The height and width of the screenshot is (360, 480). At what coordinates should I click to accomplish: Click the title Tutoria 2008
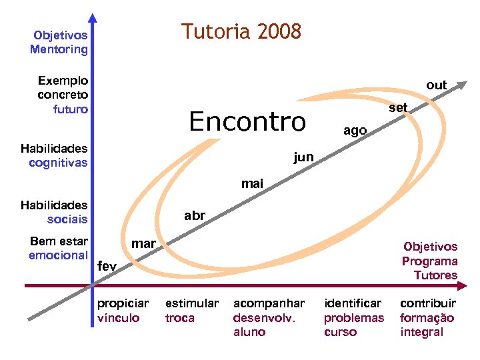pyautogui.click(x=241, y=31)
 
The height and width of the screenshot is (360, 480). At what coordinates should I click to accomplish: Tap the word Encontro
pyautogui.click(x=247, y=121)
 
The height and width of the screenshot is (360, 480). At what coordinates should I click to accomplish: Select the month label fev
pyautogui.click(x=107, y=266)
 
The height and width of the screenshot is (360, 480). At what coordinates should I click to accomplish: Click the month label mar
pyautogui.click(x=143, y=243)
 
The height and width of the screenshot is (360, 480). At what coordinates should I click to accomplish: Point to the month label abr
pyautogui.click(x=195, y=215)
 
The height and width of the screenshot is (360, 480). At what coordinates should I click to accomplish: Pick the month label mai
pyautogui.click(x=252, y=183)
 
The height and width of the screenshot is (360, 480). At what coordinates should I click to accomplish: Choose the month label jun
pyautogui.click(x=303, y=157)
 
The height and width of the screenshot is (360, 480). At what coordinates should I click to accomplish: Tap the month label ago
pyautogui.click(x=355, y=131)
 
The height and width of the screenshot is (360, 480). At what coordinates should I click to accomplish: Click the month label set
pyautogui.click(x=398, y=107)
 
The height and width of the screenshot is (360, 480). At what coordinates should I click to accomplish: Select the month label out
pyautogui.click(x=437, y=85)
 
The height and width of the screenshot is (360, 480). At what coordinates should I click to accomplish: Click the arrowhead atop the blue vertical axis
pyautogui.click(x=93, y=19)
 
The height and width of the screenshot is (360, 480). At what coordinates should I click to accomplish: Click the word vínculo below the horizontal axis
pyautogui.click(x=119, y=318)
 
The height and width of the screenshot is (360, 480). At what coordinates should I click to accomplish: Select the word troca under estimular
pyautogui.click(x=179, y=318)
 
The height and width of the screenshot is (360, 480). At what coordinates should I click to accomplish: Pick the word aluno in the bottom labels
pyautogui.click(x=249, y=332)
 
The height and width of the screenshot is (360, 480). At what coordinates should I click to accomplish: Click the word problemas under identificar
pyautogui.click(x=354, y=318)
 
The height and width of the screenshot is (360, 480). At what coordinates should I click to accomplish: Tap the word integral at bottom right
pyautogui.click(x=421, y=332)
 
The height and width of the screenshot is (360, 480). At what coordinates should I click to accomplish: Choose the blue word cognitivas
pyautogui.click(x=58, y=163)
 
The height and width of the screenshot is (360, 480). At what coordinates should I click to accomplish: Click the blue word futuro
pyautogui.click(x=71, y=109)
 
